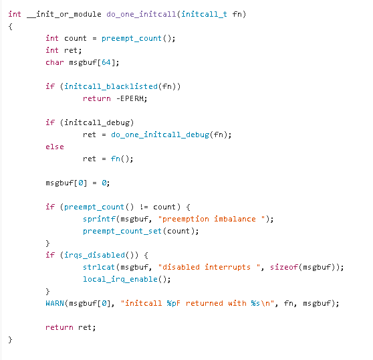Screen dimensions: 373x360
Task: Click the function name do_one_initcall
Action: point(141,14)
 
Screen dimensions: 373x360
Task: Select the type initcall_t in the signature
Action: point(204,14)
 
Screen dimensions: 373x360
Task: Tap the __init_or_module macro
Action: point(64,14)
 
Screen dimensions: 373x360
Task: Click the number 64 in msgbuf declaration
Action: point(106,62)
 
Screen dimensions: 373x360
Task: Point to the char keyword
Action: point(55,62)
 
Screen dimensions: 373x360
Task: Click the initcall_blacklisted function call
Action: point(111,86)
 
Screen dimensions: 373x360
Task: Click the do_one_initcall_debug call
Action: point(160,134)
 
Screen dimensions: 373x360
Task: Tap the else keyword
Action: point(55,147)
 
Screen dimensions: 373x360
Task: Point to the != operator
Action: point(144,207)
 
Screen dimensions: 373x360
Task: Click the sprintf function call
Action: point(99,219)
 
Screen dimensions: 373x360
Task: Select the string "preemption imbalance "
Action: point(211,219)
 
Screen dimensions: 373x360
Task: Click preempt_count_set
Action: point(122,232)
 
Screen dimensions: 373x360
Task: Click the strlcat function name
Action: point(99,267)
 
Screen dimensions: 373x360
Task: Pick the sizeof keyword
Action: point(284,267)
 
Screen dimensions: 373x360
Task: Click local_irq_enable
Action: point(120,279)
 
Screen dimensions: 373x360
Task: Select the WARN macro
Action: point(55,303)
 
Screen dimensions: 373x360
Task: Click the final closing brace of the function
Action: point(10,339)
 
